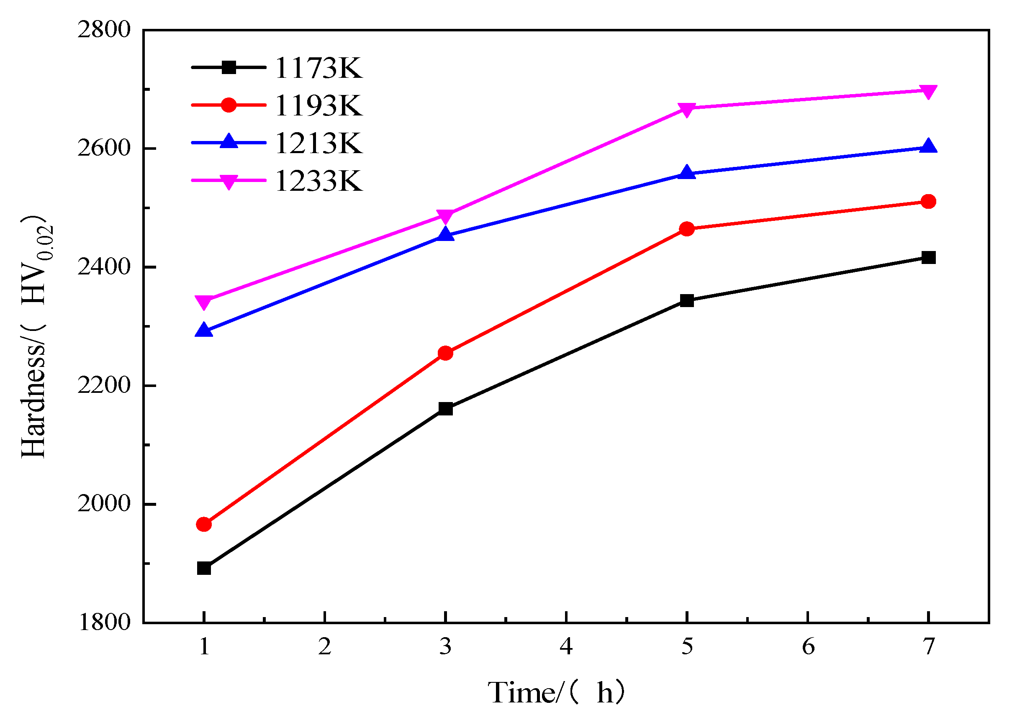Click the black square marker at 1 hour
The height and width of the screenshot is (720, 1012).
click(204, 569)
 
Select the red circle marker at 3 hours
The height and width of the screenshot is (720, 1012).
click(445, 354)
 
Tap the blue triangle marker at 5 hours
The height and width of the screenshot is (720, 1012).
click(687, 172)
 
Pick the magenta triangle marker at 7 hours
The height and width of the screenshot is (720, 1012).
click(928, 91)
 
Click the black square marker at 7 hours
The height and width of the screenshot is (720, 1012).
click(928, 258)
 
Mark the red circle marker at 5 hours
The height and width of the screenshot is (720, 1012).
click(687, 229)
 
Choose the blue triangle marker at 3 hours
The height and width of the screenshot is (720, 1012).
click(445, 235)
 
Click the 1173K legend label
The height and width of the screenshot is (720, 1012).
click(318, 68)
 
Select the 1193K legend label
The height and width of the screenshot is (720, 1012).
click(318, 106)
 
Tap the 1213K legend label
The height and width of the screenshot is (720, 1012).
click(318, 143)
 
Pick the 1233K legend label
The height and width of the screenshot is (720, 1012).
click(318, 181)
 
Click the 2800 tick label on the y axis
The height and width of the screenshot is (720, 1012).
click(104, 30)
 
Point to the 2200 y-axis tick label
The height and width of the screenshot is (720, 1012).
click(104, 386)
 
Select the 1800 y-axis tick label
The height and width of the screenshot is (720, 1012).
click(104, 623)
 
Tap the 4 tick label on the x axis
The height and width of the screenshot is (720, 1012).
click(566, 647)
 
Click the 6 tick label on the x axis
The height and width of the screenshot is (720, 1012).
click(808, 647)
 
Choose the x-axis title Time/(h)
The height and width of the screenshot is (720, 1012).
click(557, 692)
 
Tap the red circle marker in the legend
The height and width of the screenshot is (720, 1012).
click(229, 105)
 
